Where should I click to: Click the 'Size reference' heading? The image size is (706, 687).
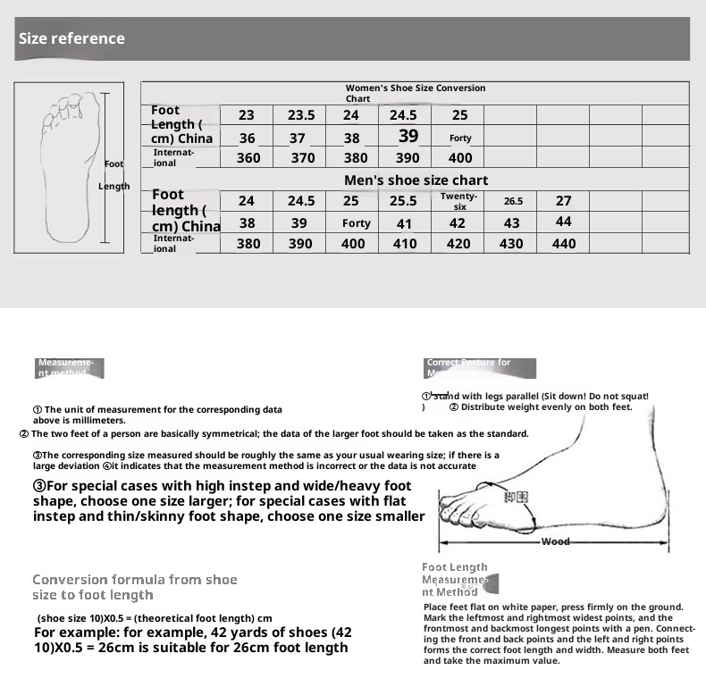click(71, 38)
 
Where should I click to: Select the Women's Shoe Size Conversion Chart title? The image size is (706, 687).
click(416, 93)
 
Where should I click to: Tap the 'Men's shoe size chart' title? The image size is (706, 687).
click(416, 180)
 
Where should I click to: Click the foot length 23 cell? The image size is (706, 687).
click(247, 115)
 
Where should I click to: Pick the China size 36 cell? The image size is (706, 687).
click(248, 138)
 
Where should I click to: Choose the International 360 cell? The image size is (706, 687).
click(248, 158)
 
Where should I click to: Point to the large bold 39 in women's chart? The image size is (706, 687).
click(408, 137)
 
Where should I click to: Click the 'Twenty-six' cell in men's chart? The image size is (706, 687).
click(459, 201)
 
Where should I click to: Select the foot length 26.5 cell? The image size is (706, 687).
click(513, 202)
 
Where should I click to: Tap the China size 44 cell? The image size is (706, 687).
click(564, 222)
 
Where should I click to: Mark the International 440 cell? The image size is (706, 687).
click(564, 244)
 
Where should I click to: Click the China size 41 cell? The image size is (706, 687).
click(405, 224)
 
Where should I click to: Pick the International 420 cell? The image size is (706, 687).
click(458, 244)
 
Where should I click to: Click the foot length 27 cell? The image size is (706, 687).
click(564, 201)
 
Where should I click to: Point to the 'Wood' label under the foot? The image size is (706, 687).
click(555, 541)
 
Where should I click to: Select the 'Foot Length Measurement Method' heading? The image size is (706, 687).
click(455, 579)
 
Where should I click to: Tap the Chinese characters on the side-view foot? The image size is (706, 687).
click(516, 498)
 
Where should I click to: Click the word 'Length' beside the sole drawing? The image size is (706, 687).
click(113, 187)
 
